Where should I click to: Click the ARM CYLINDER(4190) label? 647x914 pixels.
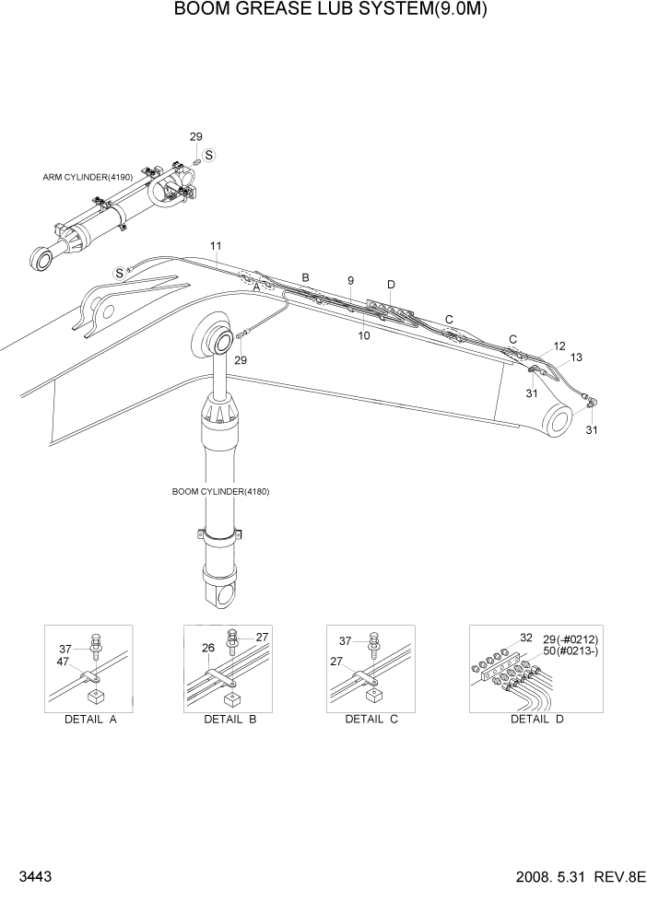pos(88,176)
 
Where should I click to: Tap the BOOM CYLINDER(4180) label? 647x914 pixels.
pos(220,491)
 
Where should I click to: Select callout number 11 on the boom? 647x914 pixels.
pos(216,245)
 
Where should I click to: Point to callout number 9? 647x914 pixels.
pos(350,279)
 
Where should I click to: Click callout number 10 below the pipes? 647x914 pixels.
pos(364,336)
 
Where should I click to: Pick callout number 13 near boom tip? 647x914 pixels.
pos(577,357)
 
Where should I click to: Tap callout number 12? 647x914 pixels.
pos(559,346)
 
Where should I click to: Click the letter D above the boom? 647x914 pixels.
pos(391,285)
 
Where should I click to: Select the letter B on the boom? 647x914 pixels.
pos(306,277)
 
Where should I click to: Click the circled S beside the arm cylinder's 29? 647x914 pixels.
pos(209,155)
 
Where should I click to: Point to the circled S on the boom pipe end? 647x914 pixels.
pos(119,272)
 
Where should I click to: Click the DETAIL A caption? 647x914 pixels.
pos(88,720)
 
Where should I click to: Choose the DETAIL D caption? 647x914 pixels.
pos(536,720)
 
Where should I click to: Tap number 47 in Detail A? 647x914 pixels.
pos(64,662)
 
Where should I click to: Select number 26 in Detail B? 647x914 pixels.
pos(208,648)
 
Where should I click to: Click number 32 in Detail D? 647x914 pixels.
pos(526,637)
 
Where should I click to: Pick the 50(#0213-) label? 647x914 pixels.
pos(570,650)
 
